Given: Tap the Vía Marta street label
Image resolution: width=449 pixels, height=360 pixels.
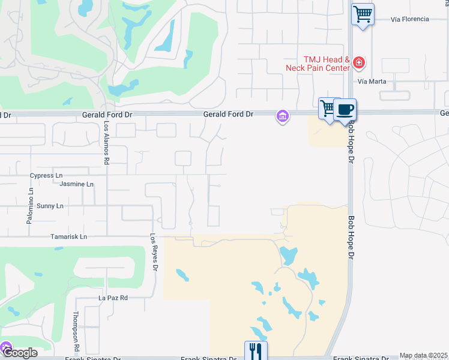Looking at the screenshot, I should pyautogui.click(x=371, y=82).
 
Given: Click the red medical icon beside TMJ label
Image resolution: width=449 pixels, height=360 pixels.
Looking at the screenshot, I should pyautogui.click(x=358, y=62).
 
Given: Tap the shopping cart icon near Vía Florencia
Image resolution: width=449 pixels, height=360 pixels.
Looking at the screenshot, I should pyautogui.click(x=363, y=14).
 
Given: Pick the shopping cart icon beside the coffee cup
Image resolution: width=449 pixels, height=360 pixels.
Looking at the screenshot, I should pyautogui.click(x=327, y=109).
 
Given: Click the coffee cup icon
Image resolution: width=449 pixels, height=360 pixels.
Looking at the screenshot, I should pyautogui.click(x=345, y=109).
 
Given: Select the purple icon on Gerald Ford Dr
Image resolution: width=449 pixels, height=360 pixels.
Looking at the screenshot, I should pyautogui.click(x=282, y=116).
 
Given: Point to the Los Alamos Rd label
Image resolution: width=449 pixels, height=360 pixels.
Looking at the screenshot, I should pyautogui.click(x=106, y=143).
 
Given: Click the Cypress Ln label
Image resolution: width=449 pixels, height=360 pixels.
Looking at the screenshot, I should pyautogui.click(x=46, y=176).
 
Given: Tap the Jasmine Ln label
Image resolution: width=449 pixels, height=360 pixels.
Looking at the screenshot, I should pyautogui.click(x=77, y=184).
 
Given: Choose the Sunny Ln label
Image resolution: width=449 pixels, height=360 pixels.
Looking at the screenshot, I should pyautogui.click(x=50, y=206).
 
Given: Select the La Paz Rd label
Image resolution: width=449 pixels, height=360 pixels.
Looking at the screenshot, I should pyautogui.click(x=113, y=298).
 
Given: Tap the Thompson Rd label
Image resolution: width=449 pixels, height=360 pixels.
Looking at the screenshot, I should pyautogui.click(x=76, y=331).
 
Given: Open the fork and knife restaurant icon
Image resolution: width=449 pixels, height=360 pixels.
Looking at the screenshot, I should pyautogui.click(x=256, y=350).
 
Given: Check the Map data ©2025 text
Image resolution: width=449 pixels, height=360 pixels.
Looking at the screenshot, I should pyautogui.click(x=423, y=356).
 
